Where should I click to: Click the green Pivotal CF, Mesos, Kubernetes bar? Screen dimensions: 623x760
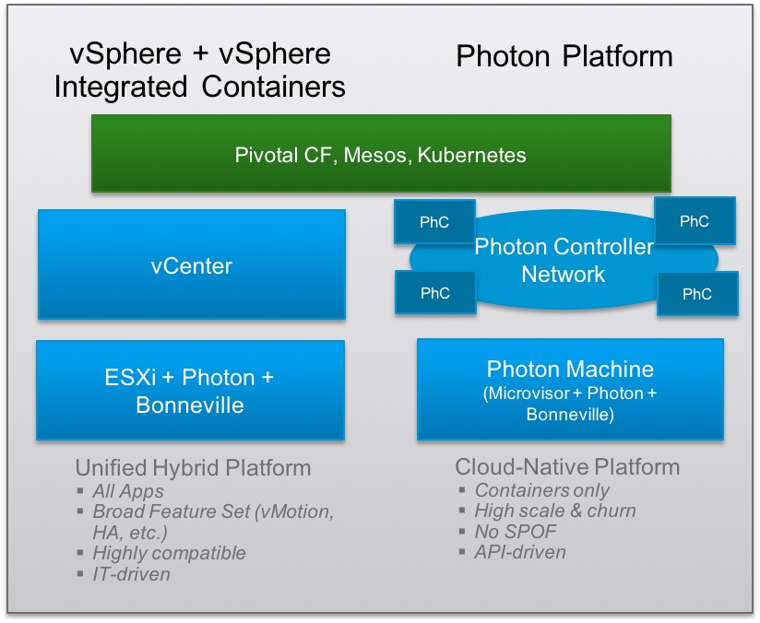[379, 154]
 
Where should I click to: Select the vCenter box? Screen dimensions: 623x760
[192, 266]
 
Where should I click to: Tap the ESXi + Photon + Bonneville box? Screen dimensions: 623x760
[191, 391]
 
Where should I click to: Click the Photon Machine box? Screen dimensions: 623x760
[570, 389]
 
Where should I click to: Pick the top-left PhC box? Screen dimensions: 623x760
[434, 223]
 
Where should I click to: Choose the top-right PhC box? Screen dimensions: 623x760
[695, 221]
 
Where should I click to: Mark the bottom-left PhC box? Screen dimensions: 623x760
[434, 293]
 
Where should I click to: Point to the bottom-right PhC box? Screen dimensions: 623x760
[697, 294]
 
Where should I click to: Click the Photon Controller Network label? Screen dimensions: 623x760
[564, 261]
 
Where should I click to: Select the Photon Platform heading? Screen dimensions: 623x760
[564, 57]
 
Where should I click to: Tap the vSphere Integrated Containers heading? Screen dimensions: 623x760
[200, 71]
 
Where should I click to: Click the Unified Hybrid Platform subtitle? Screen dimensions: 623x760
[193, 467]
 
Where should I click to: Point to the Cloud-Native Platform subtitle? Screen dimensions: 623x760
[567, 467]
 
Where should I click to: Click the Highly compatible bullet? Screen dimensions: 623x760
[169, 553]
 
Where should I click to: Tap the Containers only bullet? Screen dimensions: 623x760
[541, 490]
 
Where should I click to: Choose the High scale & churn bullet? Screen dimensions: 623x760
[554, 511]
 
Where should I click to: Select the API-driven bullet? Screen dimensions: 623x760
[519, 552]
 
